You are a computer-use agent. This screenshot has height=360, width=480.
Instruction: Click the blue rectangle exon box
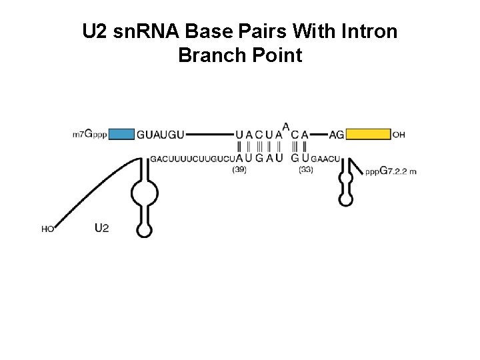click(x=121, y=134)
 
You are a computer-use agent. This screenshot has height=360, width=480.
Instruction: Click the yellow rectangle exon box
click(x=368, y=134)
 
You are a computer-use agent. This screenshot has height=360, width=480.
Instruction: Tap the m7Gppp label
click(x=89, y=134)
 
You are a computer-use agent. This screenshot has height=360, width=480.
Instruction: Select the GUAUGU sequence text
click(x=160, y=135)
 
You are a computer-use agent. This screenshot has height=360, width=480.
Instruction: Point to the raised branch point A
click(x=286, y=126)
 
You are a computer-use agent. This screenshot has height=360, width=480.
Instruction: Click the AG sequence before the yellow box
click(x=337, y=135)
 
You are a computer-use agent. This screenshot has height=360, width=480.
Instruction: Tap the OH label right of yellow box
click(x=399, y=135)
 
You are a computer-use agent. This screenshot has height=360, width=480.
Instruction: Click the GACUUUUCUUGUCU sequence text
click(x=193, y=159)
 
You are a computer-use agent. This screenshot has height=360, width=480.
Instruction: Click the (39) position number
click(x=239, y=170)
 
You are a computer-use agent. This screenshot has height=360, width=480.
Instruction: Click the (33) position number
click(x=305, y=170)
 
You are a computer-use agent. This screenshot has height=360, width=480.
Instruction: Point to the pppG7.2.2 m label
click(x=391, y=171)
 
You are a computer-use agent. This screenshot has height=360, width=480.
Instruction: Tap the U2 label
click(x=101, y=228)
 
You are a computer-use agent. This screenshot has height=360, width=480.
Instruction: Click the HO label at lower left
click(x=48, y=229)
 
